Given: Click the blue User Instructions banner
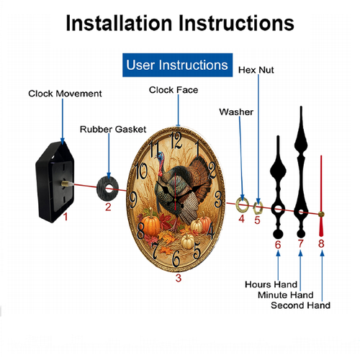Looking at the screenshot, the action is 177,65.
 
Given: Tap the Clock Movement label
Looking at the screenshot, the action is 65,94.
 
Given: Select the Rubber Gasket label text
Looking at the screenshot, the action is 113,129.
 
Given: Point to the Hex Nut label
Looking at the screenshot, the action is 256,70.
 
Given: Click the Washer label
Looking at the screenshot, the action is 236,112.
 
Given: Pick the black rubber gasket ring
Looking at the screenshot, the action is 107,189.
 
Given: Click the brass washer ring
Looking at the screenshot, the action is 242,205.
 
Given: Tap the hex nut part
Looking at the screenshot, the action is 258,208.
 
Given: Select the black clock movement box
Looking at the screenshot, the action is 55,182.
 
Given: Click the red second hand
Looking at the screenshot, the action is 321,196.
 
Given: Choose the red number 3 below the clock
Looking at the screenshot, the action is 179,278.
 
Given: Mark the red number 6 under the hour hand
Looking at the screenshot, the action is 278,245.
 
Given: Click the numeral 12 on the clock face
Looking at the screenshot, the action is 176,140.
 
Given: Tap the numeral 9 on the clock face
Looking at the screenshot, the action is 133,200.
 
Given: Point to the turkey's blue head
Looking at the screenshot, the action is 160,157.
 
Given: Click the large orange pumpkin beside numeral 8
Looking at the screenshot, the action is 150,225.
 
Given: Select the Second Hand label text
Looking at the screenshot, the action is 300,305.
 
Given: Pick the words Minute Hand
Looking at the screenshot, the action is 286,294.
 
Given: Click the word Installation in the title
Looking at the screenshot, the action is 119,23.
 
